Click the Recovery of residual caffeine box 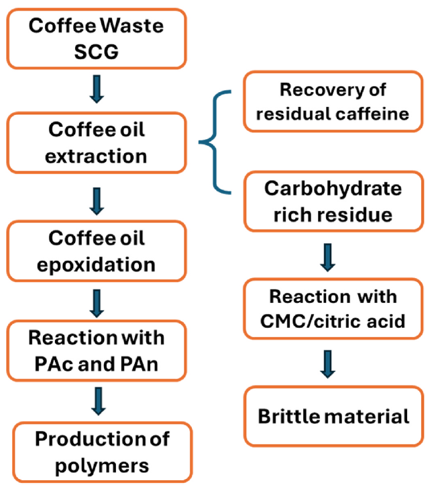[333, 101]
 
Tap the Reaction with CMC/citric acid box [333, 309]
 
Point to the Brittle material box [333, 416]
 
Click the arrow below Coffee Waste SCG [97, 89]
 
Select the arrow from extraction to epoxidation [97, 199]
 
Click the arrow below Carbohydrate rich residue [327, 257]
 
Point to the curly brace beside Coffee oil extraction [216, 143]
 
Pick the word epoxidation [97, 264]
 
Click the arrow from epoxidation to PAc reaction [97, 303]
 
